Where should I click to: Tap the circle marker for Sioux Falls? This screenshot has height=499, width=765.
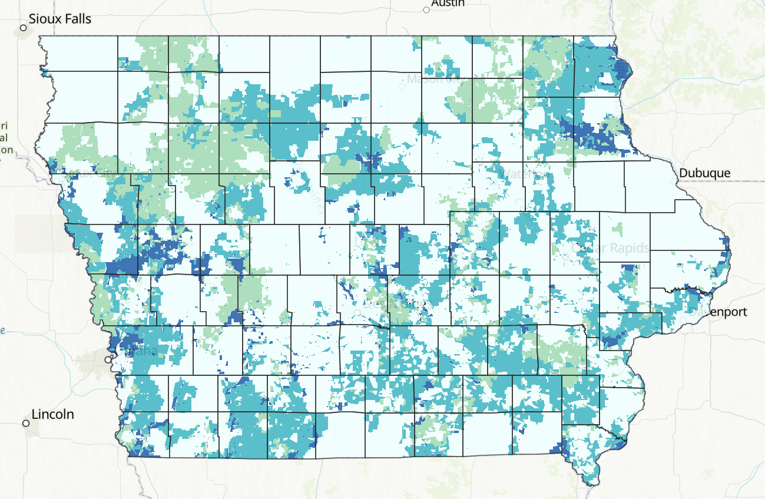[24, 28]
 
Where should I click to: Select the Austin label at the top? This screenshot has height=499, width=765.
[448, 3]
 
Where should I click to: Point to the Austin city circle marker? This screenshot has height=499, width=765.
[426, 9]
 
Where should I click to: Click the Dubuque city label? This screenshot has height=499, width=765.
[704, 173]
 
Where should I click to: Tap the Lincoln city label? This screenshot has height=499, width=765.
[52, 414]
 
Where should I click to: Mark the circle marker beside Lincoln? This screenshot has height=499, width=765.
[26, 423]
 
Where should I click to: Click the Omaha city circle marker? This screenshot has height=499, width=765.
[108, 359]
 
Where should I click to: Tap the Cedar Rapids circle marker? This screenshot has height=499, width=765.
[565, 256]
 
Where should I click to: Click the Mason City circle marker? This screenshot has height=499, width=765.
[402, 86]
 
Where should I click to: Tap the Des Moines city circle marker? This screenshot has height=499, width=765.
[357, 312]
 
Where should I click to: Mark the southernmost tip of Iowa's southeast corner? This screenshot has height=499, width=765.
[589, 485]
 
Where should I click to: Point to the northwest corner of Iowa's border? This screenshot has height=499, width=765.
[40, 37]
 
